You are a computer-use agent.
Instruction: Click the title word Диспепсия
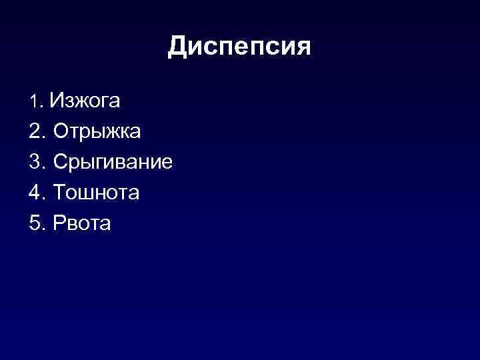click(x=239, y=47)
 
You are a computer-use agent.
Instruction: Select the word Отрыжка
click(x=97, y=131)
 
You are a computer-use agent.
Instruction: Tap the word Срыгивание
click(x=113, y=163)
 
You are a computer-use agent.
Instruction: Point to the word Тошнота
click(x=96, y=193)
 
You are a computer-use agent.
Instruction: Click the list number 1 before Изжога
click(x=35, y=102)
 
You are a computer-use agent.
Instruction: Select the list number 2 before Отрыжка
click(x=35, y=131)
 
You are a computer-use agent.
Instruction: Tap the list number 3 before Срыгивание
click(x=35, y=162)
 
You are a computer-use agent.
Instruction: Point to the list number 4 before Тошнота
click(x=35, y=193)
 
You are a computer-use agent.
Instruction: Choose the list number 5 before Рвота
click(x=35, y=224)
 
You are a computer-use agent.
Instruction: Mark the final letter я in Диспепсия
click(x=302, y=47)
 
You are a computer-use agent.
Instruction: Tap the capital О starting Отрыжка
click(x=61, y=131)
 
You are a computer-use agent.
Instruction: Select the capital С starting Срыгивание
click(x=61, y=162)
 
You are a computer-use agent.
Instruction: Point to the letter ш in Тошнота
click(x=87, y=194)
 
